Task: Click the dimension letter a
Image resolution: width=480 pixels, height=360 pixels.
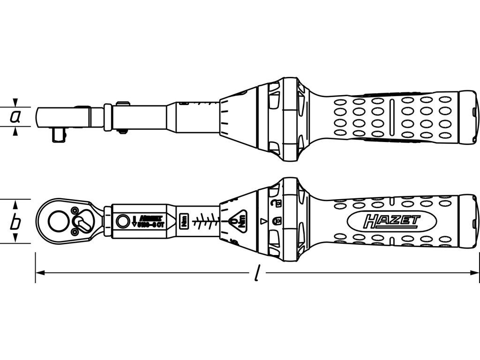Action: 15,117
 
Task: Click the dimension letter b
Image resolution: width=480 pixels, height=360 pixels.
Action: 15,222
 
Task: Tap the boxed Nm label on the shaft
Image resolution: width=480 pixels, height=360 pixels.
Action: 184,220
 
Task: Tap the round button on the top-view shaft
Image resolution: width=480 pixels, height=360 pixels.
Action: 123,220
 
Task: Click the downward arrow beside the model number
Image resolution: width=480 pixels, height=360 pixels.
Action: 135,220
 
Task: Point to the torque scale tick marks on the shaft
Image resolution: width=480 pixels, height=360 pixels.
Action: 206,220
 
